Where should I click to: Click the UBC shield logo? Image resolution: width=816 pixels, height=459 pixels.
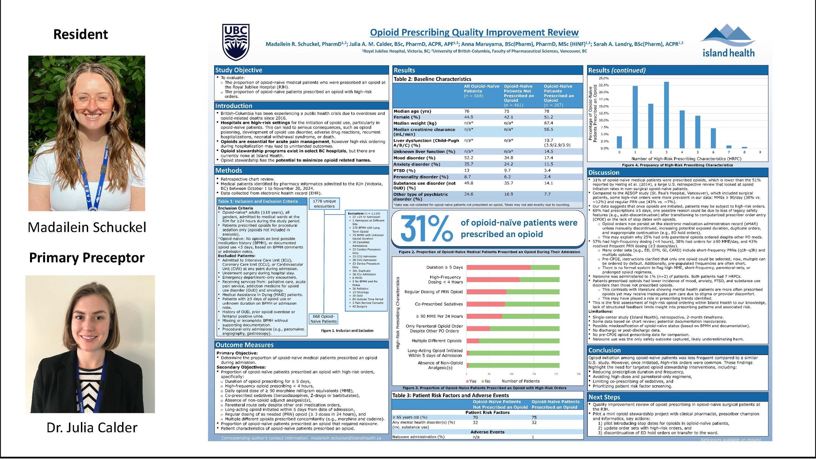coord(236,42)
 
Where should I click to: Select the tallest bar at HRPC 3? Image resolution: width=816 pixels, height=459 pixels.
coord(666,115)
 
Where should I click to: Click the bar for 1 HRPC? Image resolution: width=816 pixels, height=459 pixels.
coord(635,117)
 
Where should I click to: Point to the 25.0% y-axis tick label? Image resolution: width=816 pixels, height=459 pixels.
coord(603,78)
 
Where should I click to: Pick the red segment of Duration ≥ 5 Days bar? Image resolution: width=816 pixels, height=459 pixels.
coord(498,267)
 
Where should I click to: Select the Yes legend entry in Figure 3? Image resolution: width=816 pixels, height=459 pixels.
coord(471,381)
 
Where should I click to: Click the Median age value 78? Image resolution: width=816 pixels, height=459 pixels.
coord(546,111)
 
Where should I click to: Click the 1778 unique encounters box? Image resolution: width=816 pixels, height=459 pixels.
coord(324,204)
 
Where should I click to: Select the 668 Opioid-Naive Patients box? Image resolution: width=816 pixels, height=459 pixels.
coord(323,319)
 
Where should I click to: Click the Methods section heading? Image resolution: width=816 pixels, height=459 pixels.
coord(229,170)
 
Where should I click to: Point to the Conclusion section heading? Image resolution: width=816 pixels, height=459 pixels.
coord(604,350)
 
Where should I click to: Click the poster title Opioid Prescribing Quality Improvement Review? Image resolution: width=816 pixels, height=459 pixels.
coord(474,33)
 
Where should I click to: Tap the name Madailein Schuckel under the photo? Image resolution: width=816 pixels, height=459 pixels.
coord(87,227)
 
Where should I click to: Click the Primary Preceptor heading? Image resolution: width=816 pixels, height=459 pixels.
coord(87,258)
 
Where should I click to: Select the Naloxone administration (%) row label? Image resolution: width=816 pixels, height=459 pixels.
coord(418,437)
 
